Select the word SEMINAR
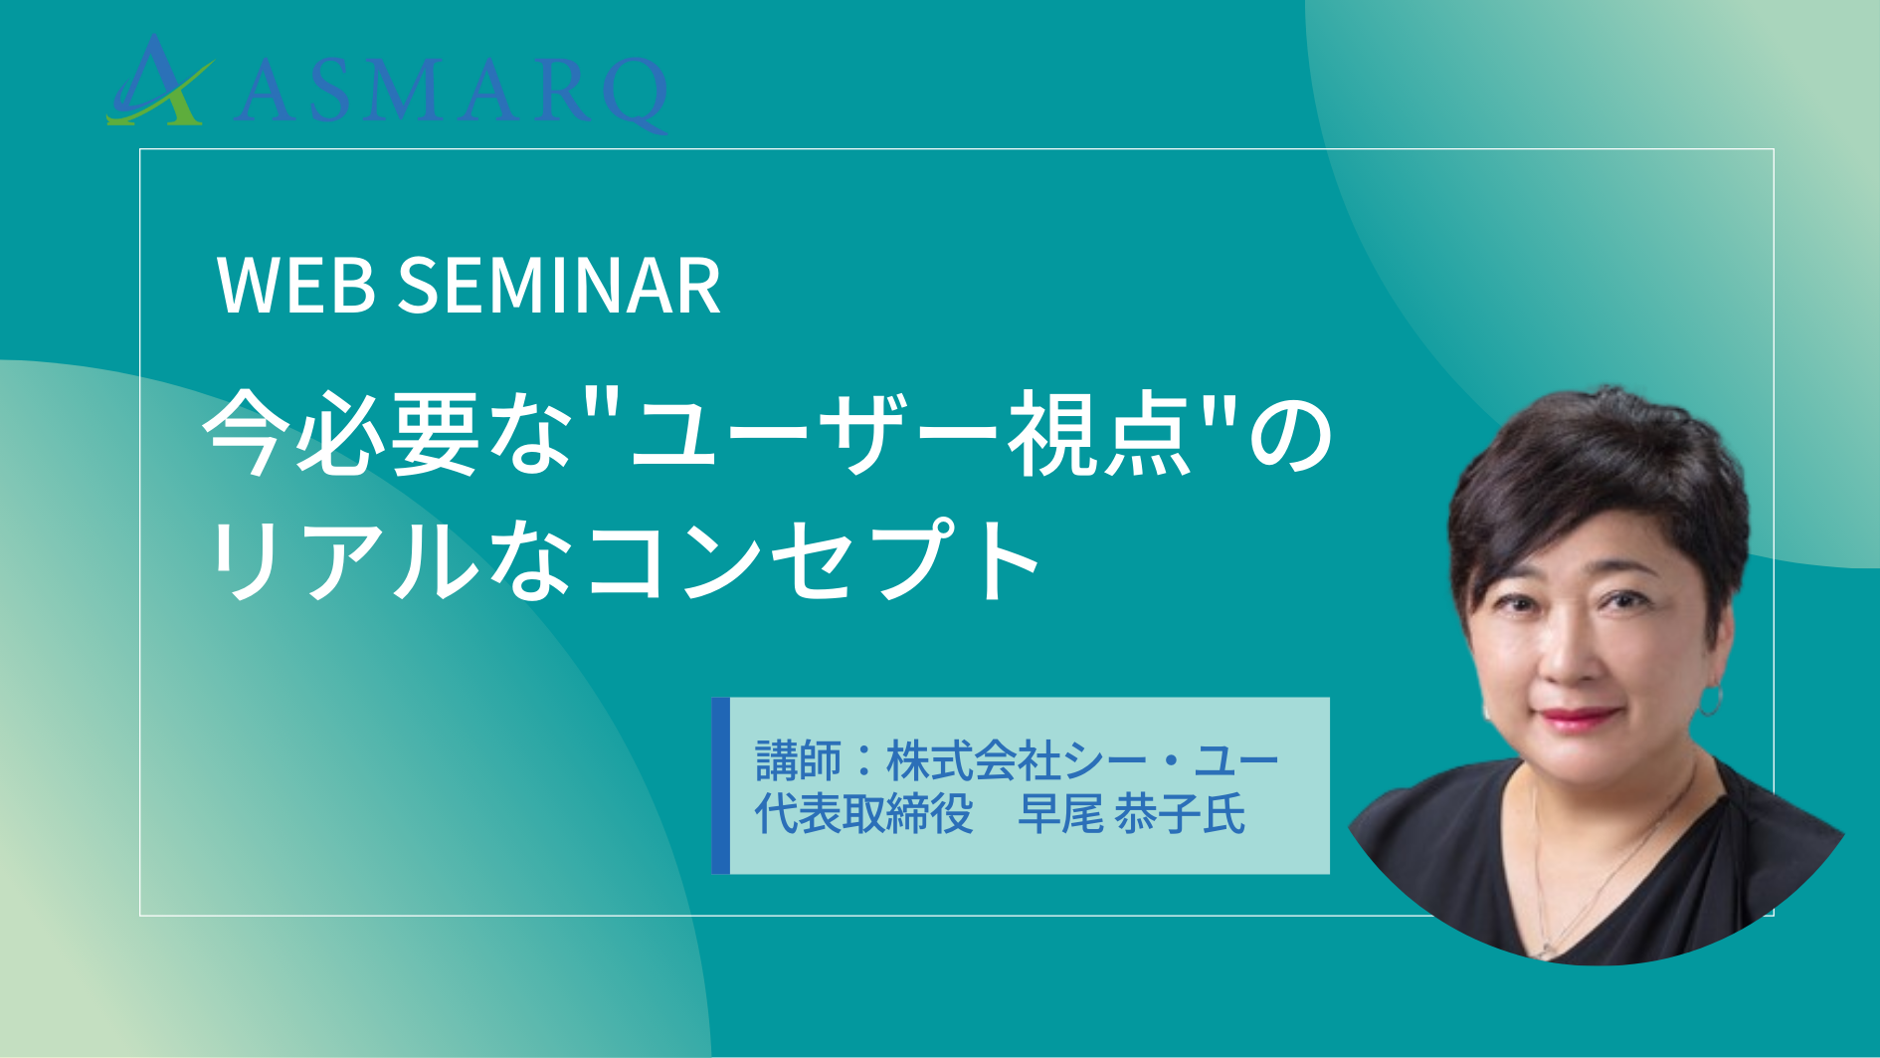559,286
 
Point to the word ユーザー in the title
815,435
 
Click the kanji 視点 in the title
1100,435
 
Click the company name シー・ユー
1171,761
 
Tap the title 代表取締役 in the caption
863,814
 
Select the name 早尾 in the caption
1060,814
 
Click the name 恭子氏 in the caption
1180,814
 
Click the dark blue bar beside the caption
721,786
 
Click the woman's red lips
1577,717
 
